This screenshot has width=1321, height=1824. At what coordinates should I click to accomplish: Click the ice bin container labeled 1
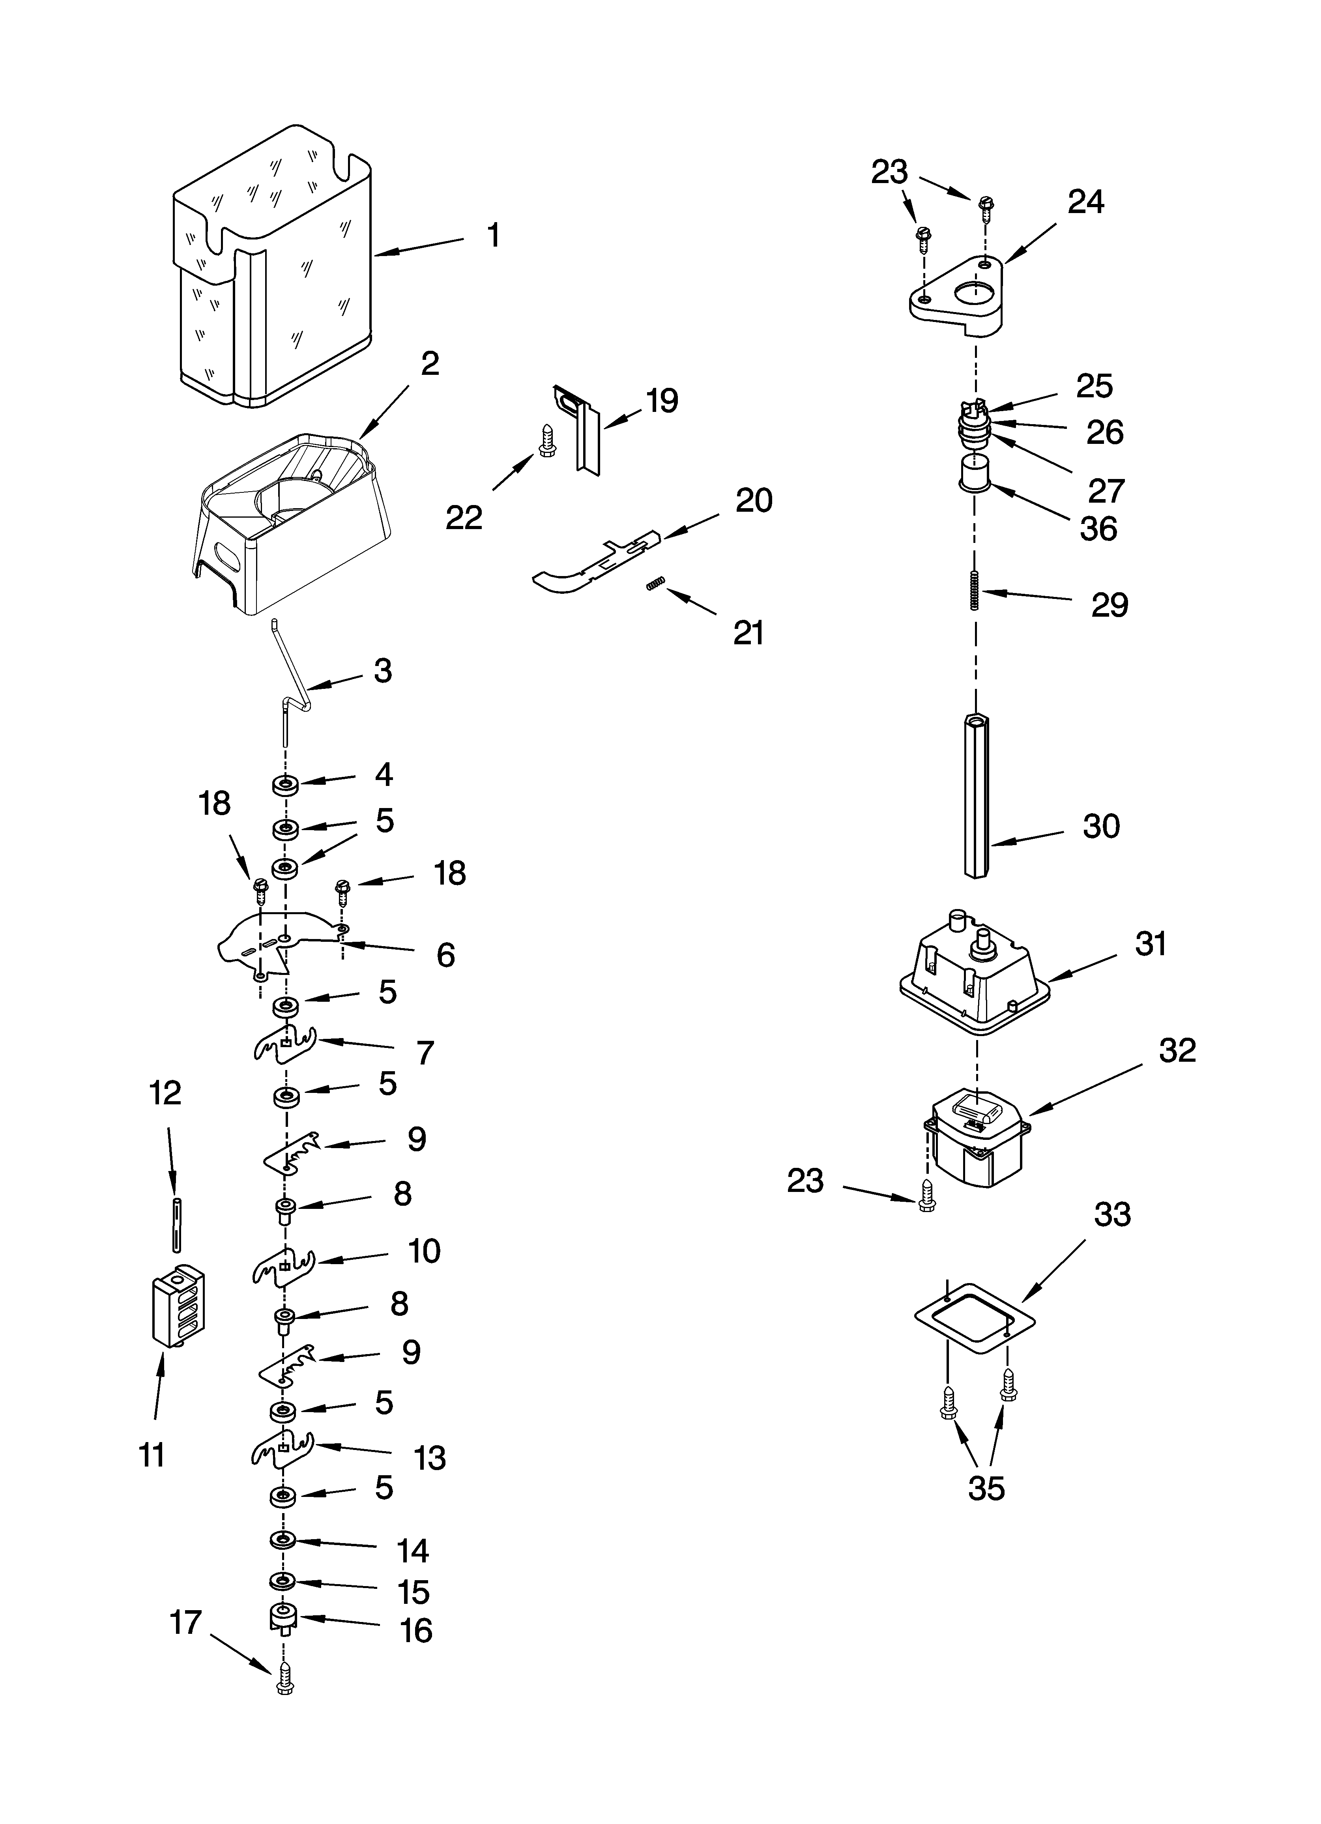point(273,266)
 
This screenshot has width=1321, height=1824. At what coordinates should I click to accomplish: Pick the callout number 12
point(166,1094)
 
